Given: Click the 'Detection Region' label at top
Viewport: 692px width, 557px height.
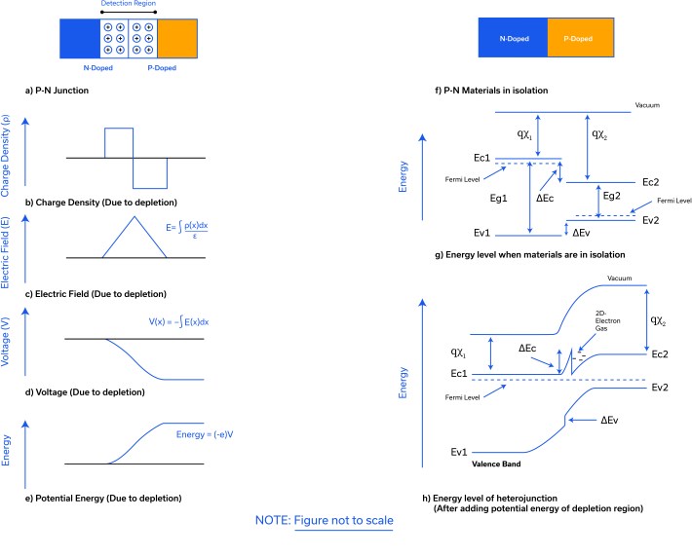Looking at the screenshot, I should click(x=128, y=5).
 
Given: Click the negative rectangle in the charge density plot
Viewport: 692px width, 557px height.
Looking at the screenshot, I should click(x=150, y=172).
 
